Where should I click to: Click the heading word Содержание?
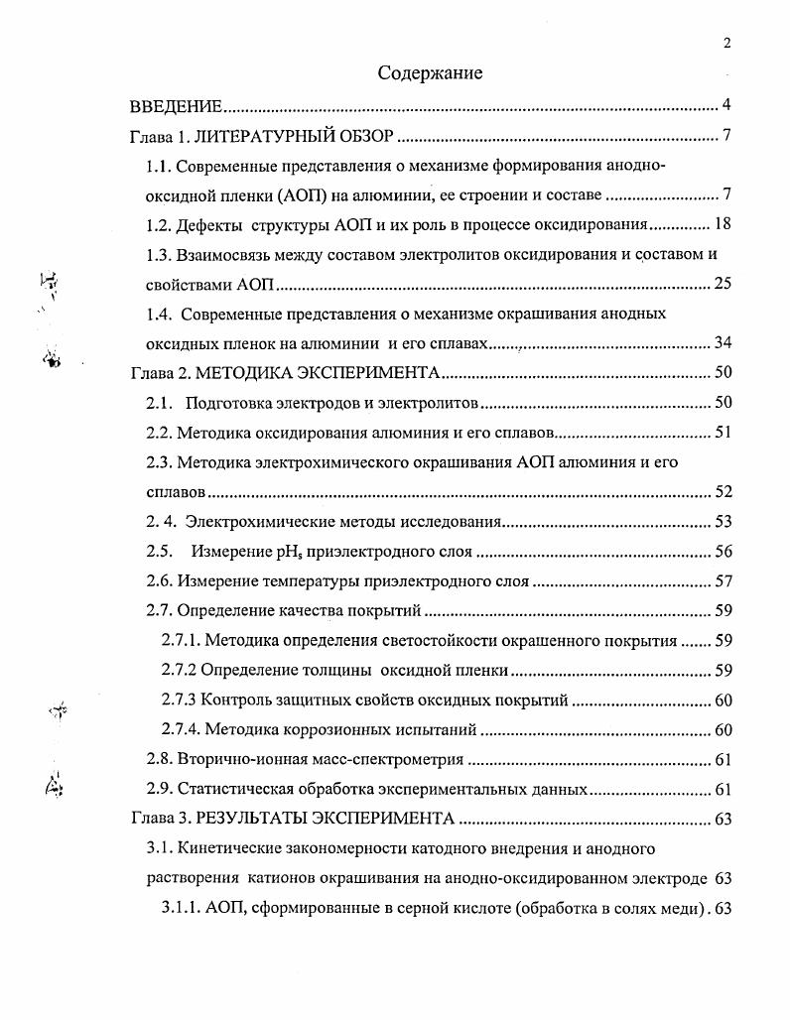click(x=430, y=72)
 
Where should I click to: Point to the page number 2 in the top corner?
click(x=727, y=42)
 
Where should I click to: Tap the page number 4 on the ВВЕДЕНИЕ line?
click(x=726, y=106)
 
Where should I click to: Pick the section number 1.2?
click(x=159, y=225)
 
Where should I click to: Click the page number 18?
click(x=723, y=225)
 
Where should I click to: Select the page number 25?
click(x=723, y=285)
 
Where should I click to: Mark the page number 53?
click(x=723, y=523)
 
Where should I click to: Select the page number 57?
click(x=723, y=582)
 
